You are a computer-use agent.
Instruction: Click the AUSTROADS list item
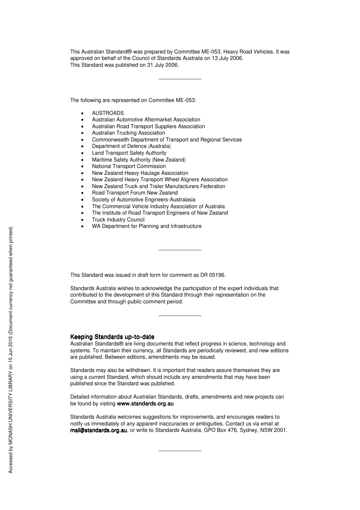click(x=108, y=113)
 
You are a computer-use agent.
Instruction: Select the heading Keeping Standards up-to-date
click(x=112, y=337)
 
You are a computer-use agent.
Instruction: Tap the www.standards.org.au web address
click(x=145, y=403)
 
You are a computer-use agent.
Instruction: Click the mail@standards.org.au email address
click(x=99, y=430)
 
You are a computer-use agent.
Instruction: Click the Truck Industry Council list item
click(x=118, y=220)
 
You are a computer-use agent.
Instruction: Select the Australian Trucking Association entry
click(x=128, y=133)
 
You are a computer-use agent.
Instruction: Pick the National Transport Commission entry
click(x=129, y=166)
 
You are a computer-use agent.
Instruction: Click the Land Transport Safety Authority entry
click(x=129, y=153)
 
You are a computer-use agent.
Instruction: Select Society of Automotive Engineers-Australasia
click(x=144, y=199)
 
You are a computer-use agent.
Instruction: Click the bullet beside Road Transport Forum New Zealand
click(x=83, y=193)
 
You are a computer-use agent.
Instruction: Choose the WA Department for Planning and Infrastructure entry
click(x=147, y=226)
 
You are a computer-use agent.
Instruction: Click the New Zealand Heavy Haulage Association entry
click(x=140, y=173)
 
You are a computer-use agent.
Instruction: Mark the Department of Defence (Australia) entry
click(x=131, y=146)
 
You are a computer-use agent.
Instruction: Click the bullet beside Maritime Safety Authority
click(x=83, y=160)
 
